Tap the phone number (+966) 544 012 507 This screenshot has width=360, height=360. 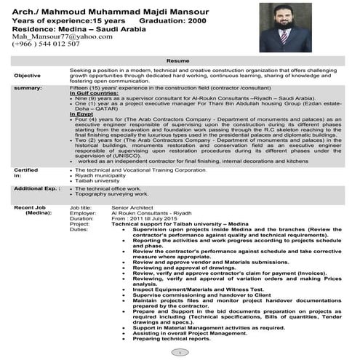(x=45, y=44)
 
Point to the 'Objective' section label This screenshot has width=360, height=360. (x=28, y=75)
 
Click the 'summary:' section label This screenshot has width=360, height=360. (x=28, y=88)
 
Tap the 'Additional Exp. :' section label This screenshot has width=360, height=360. (x=36, y=188)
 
